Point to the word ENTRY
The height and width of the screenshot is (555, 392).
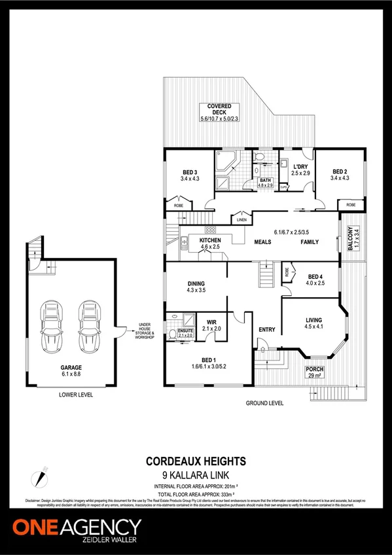coord(267,329)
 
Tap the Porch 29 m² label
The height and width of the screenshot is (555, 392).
coord(315,373)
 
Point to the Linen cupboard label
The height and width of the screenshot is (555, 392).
coord(241,220)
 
